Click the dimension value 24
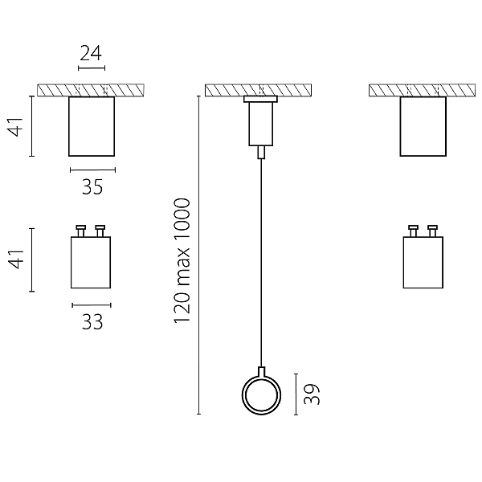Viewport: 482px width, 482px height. [x=91, y=53]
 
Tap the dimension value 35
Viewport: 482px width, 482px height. [x=92, y=186]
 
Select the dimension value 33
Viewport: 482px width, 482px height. [x=92, y=322]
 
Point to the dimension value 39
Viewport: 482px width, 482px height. [x=312, y=394]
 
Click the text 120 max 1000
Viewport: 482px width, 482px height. [x=182, y=260]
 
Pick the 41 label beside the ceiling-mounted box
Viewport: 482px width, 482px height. [x=15, y=126]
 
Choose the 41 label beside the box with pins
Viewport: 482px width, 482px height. [x=15, y=259]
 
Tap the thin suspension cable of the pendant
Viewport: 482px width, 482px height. [x=261, y=263]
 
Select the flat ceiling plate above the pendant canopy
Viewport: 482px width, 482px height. [x=260, y=99]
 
